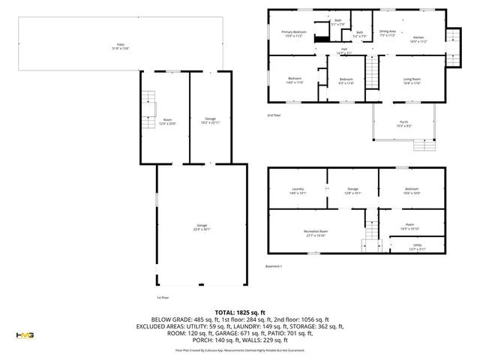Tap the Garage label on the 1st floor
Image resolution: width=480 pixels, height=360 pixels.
pos(202,227)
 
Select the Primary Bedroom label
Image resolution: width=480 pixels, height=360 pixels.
pos(294,33)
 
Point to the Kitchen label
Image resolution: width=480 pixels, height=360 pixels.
pos(418,39)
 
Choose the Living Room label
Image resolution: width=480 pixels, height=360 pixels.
pos(412,80)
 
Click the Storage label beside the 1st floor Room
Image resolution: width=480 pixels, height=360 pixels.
pos(211,121)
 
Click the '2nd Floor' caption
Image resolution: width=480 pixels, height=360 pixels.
pos(274,115)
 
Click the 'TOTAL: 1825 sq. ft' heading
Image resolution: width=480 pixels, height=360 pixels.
pos(240,312)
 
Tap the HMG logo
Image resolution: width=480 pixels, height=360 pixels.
pos(25,334)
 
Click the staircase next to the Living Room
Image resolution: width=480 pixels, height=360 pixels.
pos(373,73)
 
